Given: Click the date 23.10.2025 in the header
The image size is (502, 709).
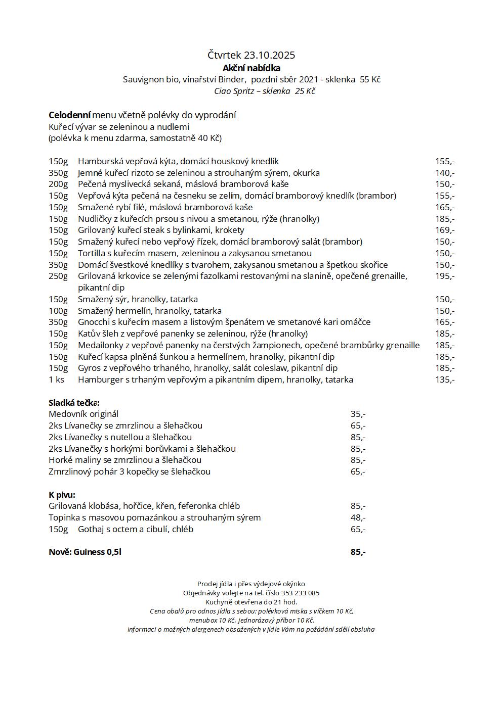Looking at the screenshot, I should click(x=269, y=55).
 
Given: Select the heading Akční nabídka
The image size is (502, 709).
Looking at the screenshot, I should click(x=252, y=68).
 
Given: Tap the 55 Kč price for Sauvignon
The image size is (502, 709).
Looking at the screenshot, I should click(x=370, y=79).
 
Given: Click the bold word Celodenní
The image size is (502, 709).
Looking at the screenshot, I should click(x=69, y=115).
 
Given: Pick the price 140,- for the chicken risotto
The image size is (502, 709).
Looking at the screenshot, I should click(x=445, y=173).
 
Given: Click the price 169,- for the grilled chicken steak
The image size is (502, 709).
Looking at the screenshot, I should click(x=445, y=230).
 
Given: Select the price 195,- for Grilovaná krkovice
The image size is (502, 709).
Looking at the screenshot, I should click(x=445, y=276).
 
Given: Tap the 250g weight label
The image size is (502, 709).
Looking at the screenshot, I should click(x=58, y=276).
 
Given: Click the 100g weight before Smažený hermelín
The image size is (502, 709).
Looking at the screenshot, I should click(x=58, y=311).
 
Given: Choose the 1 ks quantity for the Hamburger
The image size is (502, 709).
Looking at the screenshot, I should click(x=57, y=380).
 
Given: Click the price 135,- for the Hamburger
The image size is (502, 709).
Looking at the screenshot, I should click(x=445, y=380).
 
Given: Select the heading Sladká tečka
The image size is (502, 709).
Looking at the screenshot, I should click(x=74, y=403).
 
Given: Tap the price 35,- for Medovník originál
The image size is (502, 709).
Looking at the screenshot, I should click(x=358, y=414).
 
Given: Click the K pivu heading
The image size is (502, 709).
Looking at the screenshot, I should click(x=62, y=495).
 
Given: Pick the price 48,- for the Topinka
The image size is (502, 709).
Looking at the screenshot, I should click(x=358, y=517).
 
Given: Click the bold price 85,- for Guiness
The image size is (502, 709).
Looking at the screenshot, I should click(x=358, y=552).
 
